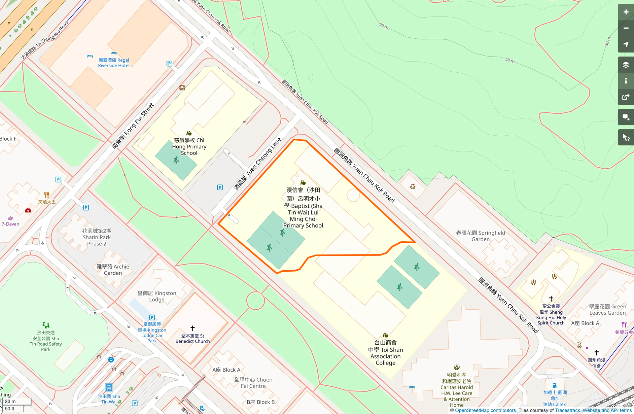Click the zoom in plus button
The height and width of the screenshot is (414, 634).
(626, 12)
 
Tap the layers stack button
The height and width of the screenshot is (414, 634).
(626, 65)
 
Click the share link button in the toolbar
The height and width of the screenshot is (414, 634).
(626, 97)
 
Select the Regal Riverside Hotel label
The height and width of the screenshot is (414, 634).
(113, 63)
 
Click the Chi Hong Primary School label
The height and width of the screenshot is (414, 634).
(189, 146)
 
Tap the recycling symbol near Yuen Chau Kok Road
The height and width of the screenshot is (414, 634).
(413, 186)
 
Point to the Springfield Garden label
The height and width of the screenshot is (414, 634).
(480, 236)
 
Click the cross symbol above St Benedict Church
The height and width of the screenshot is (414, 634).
(192, 328)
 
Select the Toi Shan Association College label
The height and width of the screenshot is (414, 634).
(385, 353)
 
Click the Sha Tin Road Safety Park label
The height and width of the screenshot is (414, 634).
(46, 341)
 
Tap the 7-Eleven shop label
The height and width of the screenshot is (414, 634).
(10, 224)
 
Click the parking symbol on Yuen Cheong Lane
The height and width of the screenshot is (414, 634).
(220, 187)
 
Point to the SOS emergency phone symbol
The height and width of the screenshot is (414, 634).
(182, 88)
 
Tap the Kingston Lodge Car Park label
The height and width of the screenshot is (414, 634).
(152, 332)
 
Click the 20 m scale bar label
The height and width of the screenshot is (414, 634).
(10, 401)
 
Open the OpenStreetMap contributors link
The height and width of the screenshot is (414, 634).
(485, 410)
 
